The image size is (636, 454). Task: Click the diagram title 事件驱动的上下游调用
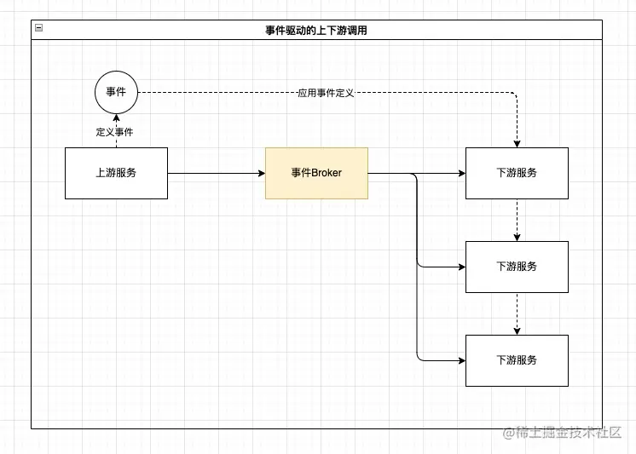tap(316, 31)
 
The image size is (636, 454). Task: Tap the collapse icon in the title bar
tap(39, 27)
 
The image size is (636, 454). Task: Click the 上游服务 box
tap(117, 173)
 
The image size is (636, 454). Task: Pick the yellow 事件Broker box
tap(317, 173)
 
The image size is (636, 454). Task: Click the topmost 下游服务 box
tap(517, 173)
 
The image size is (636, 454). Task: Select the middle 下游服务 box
tap(517, 267)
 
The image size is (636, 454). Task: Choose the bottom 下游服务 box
tap(517, 360)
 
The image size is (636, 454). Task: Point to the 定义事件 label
tap(114, 132)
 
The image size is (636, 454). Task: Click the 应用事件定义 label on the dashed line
tap(326, 93)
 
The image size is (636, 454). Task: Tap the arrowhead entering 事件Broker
tap(262, 173)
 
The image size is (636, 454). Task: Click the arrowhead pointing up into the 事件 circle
tap(117, 118)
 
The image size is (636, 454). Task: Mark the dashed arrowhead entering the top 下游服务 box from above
tap(517, 144)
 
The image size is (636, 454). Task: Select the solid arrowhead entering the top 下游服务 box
tap(462, 173)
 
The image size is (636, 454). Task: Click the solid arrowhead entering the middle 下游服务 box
tap(462, 267)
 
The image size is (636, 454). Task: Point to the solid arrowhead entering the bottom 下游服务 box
tap(462, 360)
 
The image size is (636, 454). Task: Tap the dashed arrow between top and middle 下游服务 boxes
tap(517, 220)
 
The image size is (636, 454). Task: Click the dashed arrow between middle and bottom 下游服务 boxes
tap(517, 313)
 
